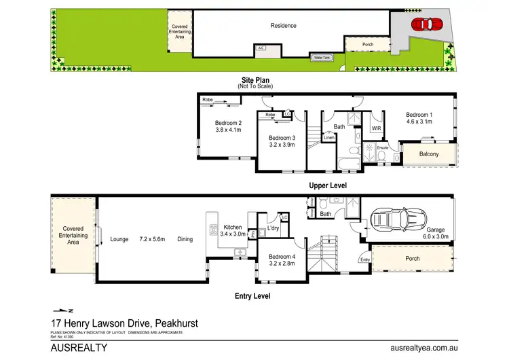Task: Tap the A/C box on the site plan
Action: pos(261,48)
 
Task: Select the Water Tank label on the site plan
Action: pos(320,57)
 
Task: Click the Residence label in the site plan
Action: pos(284,26)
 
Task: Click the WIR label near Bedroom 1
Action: pos(377,127)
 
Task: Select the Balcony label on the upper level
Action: pos(428,154)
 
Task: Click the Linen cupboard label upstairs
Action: pos(329,138)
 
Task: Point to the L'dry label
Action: pos(273,228)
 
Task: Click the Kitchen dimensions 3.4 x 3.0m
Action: pos(233,234)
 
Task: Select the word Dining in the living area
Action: pos(185,239)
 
